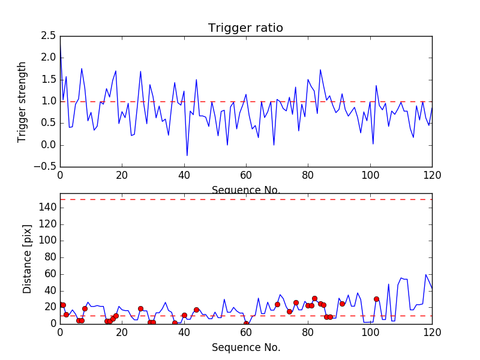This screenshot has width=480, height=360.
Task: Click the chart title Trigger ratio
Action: [x=245, y=28]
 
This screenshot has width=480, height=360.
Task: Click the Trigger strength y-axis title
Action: [x=22, y=101]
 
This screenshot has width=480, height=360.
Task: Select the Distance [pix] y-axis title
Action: [x=27, y=259]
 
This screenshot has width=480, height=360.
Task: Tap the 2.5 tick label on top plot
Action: [x=48, y=36]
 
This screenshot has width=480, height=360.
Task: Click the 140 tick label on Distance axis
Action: [x=47, y=207]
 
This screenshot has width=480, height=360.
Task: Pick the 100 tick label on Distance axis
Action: [x=47, y=241]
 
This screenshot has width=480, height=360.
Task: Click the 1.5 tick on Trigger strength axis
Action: [x=48, y=80]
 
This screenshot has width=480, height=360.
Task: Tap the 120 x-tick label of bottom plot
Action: [x=432, y=332]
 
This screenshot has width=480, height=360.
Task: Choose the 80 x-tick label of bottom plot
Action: [x=308, y=332]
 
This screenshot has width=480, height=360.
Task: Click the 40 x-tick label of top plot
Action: [x=184, y=175]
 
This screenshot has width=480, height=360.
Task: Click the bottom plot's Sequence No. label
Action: [x=245, y=347]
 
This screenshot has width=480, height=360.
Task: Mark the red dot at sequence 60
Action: [x=246, y=323]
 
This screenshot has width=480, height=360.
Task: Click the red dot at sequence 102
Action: [x=376, y=299]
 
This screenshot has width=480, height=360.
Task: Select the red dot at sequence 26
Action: [x=140, y=308]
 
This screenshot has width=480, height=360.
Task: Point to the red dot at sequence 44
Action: [x=196, y=310]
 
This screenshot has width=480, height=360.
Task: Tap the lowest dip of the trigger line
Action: [x=187, y=156]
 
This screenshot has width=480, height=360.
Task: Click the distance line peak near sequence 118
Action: [x=426, y=274]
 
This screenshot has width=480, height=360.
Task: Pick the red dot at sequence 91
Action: [x=342, y=304]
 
